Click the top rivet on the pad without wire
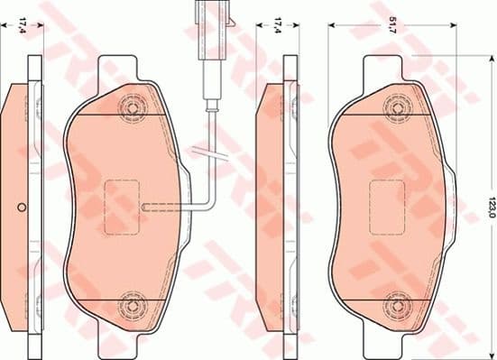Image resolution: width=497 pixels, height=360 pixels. [x=395, y=108]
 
